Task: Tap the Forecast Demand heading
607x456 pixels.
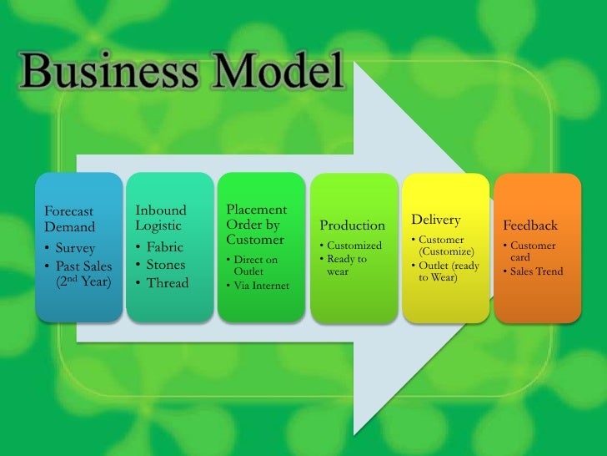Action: tap(70, 219)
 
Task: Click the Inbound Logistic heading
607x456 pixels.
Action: tap(161, 218)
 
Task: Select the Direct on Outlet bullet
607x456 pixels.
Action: tap(253, 266)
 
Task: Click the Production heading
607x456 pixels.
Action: tap(352, 225)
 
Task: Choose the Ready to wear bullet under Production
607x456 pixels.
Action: tap(346, 265)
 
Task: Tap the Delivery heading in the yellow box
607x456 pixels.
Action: tap(435, 220)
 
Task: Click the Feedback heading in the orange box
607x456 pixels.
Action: tap(530, 225)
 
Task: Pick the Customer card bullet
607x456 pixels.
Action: tap(531, 251)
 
